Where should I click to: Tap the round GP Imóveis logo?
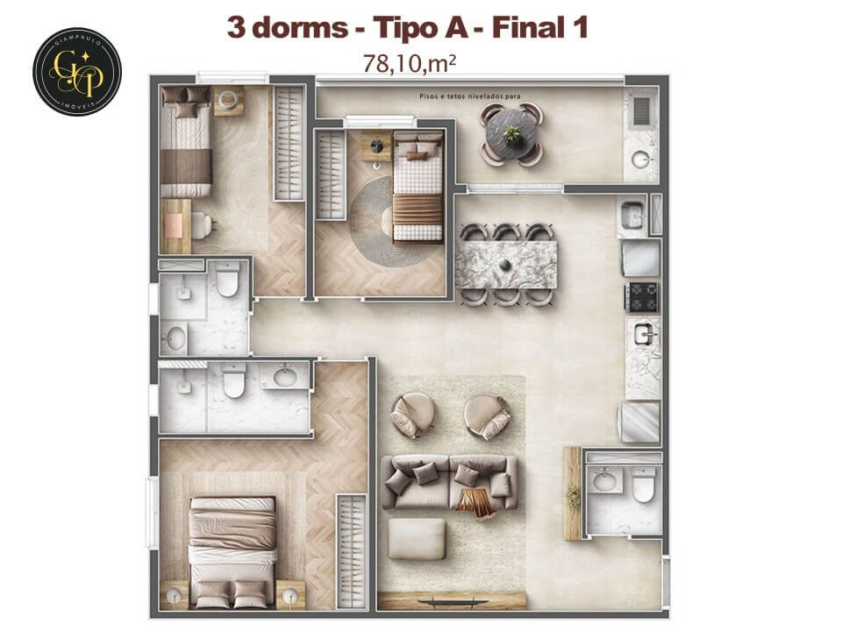pyautogui.click(x=76, y=71)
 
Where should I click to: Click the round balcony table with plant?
pyautogui.click(x=512, y=135)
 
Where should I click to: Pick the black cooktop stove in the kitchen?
pyautogui.click(x=642, y=297)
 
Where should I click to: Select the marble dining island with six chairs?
pyautogui.click(x=506, y=264)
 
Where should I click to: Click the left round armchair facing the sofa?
pyautogui.click(x=411, y=415)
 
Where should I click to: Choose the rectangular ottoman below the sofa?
pyautogui.click(x=417, y=538)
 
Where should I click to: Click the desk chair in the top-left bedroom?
pyautogui.click(x=200, y=225)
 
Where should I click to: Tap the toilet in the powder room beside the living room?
pyautogui.click(x=644, y=485)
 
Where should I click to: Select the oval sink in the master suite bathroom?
pyautogui.click(x=285, y=378)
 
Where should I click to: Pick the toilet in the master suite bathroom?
pyautogui.click(x=234, y=383)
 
